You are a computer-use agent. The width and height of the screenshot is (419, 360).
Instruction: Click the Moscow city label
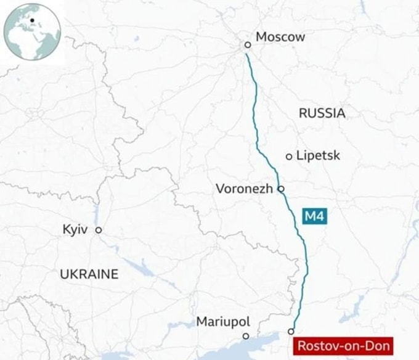pos(280,37)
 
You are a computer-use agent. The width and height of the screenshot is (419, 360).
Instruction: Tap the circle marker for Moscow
pos(247,44)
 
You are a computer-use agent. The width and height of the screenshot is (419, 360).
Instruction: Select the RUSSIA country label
pos(322,113)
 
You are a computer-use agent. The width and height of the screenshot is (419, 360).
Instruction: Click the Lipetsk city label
pos(318,156)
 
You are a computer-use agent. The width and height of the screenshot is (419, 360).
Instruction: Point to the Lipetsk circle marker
pos(289,157)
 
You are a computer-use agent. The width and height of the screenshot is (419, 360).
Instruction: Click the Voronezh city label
pos(244,189)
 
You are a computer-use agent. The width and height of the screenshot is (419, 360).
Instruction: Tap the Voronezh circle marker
pos(281,189)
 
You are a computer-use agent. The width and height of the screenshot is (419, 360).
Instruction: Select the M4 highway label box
pos(314,216)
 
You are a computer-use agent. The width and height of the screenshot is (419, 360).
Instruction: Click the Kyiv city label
pos(75,230)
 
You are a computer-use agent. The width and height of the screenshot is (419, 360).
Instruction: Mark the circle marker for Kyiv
pos(98,230)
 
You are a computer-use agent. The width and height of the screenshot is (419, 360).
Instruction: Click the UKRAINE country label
pos(89,274)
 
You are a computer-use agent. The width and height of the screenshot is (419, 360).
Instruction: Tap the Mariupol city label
pos(223,321)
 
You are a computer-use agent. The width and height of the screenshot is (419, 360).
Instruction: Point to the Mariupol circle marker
pos(245,336)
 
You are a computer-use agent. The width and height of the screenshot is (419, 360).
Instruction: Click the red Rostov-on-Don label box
pos(343,346)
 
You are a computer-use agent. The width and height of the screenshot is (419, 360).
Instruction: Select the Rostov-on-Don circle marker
pos(291,332)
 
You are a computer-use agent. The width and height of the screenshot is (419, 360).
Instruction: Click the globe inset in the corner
pos(32,31)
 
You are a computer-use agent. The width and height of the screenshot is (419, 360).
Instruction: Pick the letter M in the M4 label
pos(310,216)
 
